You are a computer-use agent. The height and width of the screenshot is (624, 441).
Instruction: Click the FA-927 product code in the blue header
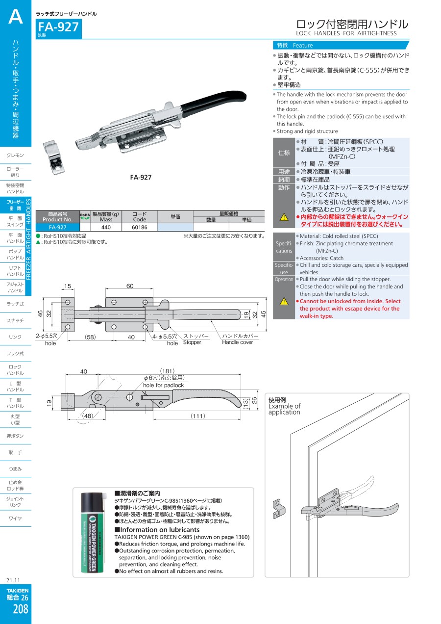[x=58, y=27]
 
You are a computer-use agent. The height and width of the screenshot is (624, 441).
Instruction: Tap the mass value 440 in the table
[x=106, y=227]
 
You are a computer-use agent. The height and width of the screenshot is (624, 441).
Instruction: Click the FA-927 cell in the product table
[x=58, y=227]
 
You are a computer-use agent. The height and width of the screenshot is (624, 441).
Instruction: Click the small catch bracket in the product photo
[x=53, y=157]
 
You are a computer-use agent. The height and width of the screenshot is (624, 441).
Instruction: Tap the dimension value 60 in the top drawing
[x=130, y=286]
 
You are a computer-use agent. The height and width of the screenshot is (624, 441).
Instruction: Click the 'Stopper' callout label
[x=192, y=342]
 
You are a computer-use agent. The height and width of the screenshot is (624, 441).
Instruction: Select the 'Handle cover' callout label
[x=237, y=342]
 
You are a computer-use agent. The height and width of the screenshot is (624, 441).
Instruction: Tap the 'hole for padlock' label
[x=163, y=385]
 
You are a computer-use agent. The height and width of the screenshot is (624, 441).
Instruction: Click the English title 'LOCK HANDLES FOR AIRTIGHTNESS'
[x=346, y=33]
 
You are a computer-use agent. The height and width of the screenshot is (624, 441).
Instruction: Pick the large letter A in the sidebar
[x=16, y=17]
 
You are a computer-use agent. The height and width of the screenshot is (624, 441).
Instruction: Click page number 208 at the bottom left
[x=20, y=609]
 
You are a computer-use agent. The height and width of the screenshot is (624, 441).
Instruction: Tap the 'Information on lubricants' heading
[x=157, y=529]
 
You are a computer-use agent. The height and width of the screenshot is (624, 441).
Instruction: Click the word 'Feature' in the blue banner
[x=303, y=45]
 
